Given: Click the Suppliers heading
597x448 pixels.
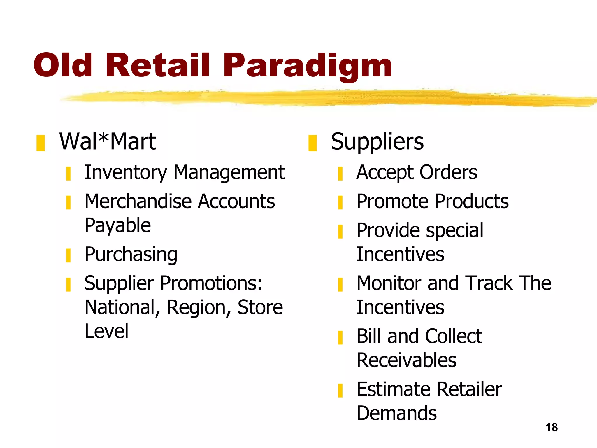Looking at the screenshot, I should [x=377, y=142].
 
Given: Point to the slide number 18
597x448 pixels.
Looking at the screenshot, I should [x=552, y=427].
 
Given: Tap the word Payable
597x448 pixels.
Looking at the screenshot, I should [x=118, y=226].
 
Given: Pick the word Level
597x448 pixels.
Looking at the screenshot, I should [x=106, y=331].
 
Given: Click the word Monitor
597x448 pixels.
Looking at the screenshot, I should [x=389, y=283].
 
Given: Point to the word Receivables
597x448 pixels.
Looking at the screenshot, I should [x=406, y=360].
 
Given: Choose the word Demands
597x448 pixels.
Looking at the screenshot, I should [x=396, y=413].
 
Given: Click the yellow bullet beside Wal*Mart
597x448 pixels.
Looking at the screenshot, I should [x=41, y=143].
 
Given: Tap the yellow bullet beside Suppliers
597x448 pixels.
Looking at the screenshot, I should [x=312, y=143].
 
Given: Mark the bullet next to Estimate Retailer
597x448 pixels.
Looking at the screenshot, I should [x=340, y=391].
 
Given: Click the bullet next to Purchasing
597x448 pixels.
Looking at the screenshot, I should [x=68, y=256].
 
